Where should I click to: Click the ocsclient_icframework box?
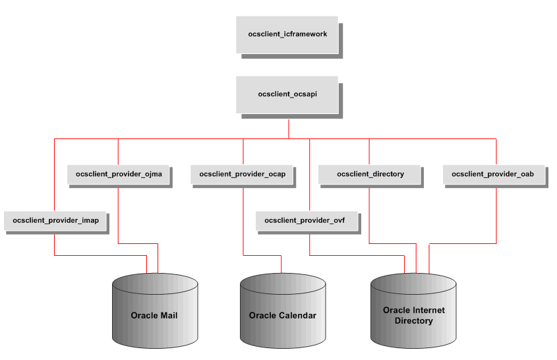pyautogui.click(x=287, y=34)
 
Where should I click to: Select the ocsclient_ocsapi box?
pyautogui.click(x=287, y=94)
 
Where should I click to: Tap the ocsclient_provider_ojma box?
pyautogui.click(x=118, y=174)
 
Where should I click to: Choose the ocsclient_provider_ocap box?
pyautogui.click(x=243, y=174)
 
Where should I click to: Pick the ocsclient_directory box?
pyautogui.click(x=369, y=174)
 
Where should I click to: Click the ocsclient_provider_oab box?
pyautogui.click(x=495, y=174)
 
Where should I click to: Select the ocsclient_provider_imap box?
pyautogui.click(x=55, y=220)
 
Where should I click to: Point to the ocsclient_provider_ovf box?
pyautogui.click(x=307, y=220)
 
